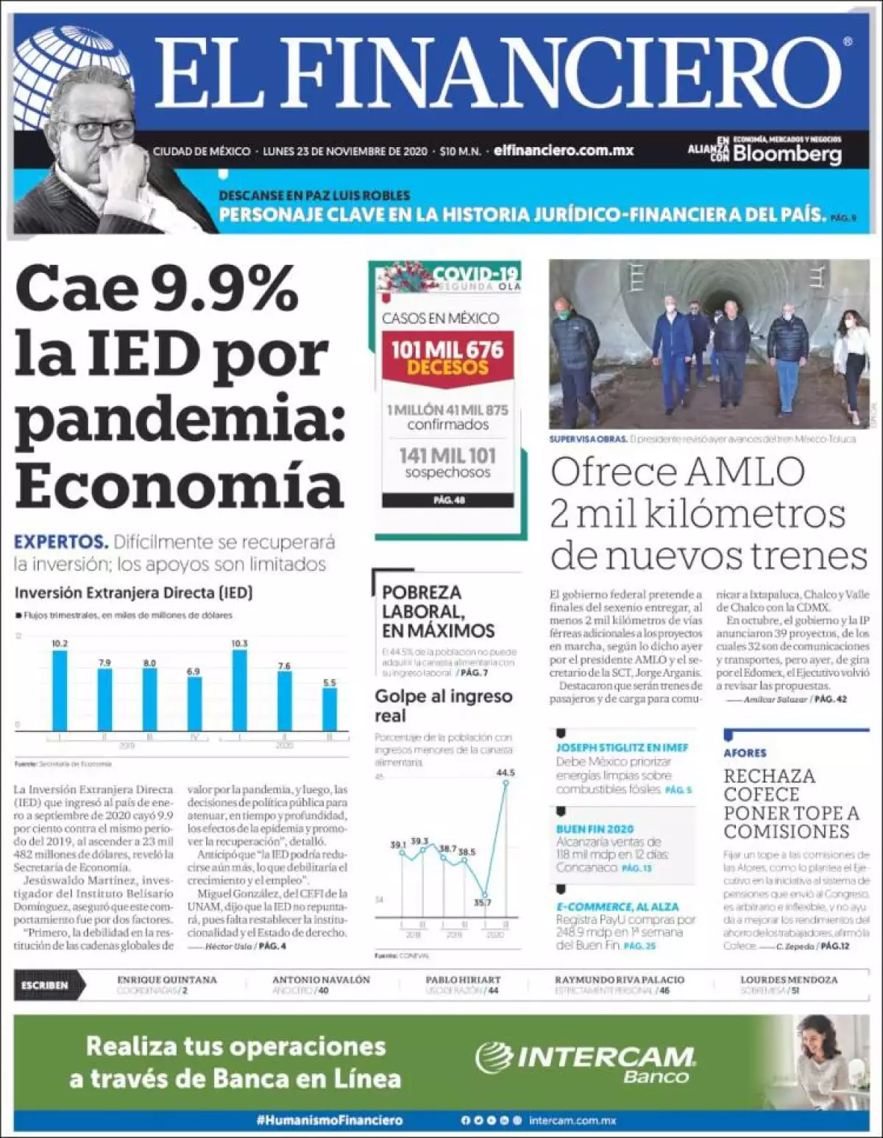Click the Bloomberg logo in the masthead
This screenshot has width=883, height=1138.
[x=786, y=154]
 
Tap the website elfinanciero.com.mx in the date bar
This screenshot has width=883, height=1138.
[x=564, y=151]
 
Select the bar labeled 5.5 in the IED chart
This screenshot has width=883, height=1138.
[x=330, y=708]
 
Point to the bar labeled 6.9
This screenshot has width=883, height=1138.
[x=194, y=703]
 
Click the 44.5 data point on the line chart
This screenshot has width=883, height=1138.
[x=506, y=782]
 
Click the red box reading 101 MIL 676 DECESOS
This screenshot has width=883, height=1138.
[x=447, y=358]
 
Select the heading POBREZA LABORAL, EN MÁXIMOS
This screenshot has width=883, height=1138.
[x=437, y=611]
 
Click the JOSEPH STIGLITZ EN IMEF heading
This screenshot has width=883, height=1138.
[x=622, y=747]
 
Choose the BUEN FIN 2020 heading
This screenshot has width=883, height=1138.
[x=595, y=829]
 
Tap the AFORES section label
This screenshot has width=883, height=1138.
[x=745, y=753]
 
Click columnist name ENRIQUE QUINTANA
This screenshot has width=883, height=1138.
[x=167, y=980]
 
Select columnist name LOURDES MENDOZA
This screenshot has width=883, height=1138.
[x=789, y=980]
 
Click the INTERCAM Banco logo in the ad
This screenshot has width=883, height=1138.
[x=586, y=1064]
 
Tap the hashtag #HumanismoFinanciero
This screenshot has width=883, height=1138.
[x=330, y=1120]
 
